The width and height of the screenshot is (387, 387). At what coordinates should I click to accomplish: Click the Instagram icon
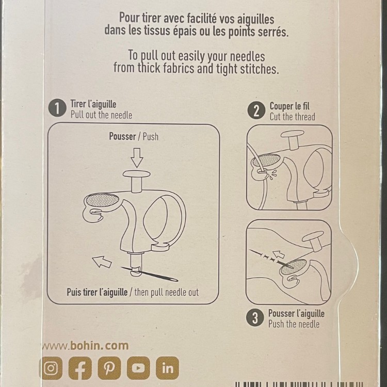[51, 368]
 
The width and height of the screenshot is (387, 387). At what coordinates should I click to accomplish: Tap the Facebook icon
[80, 368]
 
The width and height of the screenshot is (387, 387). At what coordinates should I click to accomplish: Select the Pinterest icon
[109, 368]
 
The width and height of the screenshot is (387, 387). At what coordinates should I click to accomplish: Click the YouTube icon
[138, 368]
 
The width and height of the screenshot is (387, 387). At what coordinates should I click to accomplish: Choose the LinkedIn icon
[167, 368]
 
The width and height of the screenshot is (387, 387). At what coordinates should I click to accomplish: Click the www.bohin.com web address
[85, 345]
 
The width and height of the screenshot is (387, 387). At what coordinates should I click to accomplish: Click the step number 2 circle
[256, 110]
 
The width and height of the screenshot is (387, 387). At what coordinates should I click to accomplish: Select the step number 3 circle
[255, 318]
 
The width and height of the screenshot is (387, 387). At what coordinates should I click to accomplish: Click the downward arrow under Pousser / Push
[136, 157]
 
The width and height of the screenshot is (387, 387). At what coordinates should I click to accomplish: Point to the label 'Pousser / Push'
[134, 137]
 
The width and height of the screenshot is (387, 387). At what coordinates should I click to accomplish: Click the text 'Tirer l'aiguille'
[93, 104]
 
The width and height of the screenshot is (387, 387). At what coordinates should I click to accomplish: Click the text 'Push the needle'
[294, 324]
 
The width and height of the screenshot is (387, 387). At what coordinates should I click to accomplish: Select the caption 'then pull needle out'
[167, 292]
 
